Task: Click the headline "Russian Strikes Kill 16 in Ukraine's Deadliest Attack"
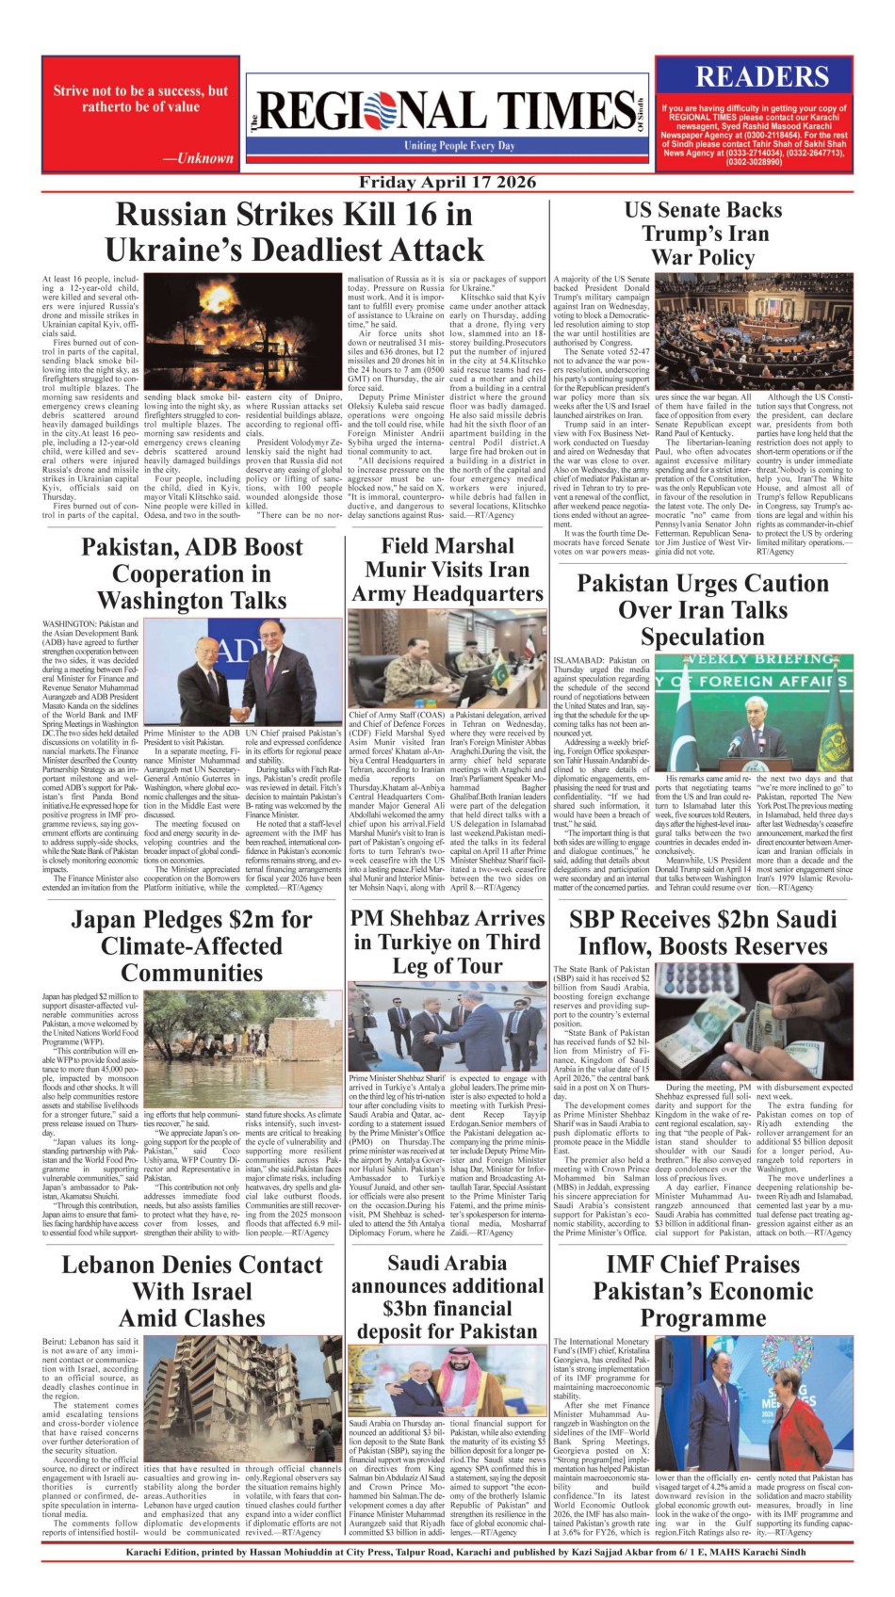coord(294,233)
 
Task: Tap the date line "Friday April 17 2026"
coord(447,183)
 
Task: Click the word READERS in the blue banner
coord(761,76)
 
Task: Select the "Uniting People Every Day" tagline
coord(459,146)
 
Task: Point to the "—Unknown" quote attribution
coord(198,158)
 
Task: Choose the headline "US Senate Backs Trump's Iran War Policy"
coord(703,234)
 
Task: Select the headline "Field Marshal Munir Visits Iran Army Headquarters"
coord(447,570)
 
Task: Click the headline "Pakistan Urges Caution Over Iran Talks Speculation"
coord(703,609)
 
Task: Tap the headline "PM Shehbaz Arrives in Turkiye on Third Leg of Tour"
coord(447,942)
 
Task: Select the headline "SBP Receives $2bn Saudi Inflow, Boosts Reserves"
coord(703,932)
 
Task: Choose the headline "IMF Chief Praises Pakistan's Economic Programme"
coord(703,1290)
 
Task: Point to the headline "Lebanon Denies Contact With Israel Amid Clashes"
coord(192,1291)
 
